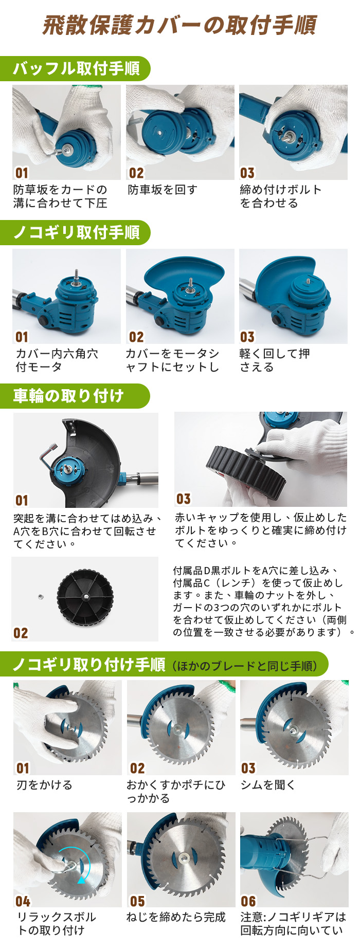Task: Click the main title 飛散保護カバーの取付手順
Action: click(179, 25)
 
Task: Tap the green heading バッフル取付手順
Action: click(76, 68)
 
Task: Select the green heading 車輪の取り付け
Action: click(68, 396)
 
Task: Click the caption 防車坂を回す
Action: click(163, 190)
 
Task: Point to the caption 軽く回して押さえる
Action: click(275, 360)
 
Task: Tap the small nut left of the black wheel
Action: click(41, 596)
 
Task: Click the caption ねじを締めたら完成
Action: click(176, 917)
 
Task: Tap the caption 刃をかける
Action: click(44, 785)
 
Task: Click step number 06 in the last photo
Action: click(248, 901)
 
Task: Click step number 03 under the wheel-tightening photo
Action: click(184, 499)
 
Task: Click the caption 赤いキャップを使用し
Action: click(261, 530)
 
